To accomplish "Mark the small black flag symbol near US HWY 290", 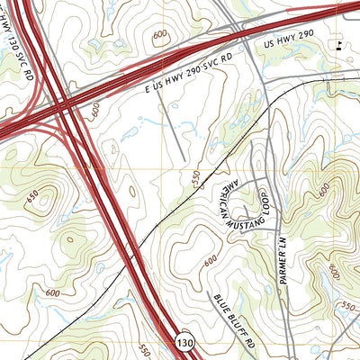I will coord(338,49).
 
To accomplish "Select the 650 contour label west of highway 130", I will coord(33,196).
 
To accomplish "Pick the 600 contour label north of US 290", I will coord(160,35).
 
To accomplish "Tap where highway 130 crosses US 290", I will coord(65,105).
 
